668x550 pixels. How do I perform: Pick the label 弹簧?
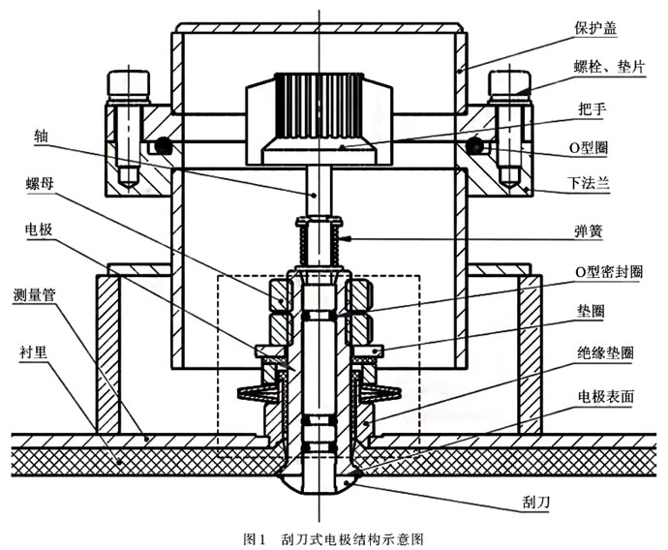pos(591,234)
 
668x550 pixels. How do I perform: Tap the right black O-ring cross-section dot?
pos(474,146)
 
